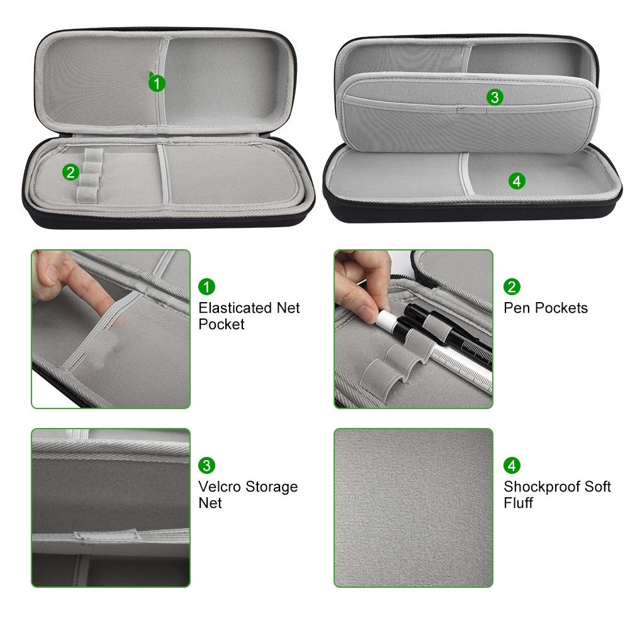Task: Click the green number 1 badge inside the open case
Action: point(157,83)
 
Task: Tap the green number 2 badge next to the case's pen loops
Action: point(70,172)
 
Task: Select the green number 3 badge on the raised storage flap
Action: point(495,97)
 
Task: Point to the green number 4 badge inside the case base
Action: point(517,181)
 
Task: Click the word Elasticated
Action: point(235,308)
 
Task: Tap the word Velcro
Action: point(220,487)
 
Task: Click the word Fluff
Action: point(519,503)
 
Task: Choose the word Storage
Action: point(272,487)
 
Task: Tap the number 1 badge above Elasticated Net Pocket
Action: point(206,287)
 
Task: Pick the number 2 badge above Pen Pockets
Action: point(512,287)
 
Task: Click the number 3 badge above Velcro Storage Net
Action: point(206,466)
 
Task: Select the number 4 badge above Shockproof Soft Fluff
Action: point(512,466)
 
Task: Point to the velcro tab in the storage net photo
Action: point(107,535)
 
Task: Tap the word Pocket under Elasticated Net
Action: point(222,324)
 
